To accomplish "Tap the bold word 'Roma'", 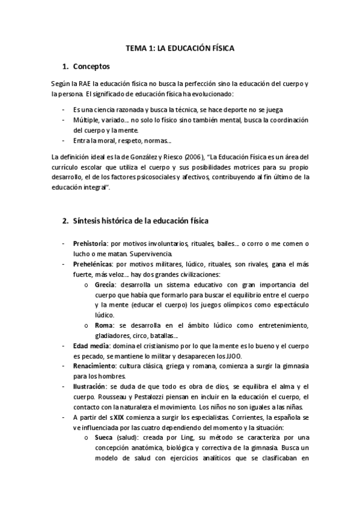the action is click(x=104, y=325).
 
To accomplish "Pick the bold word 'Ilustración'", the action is click(x=90, y=386).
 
